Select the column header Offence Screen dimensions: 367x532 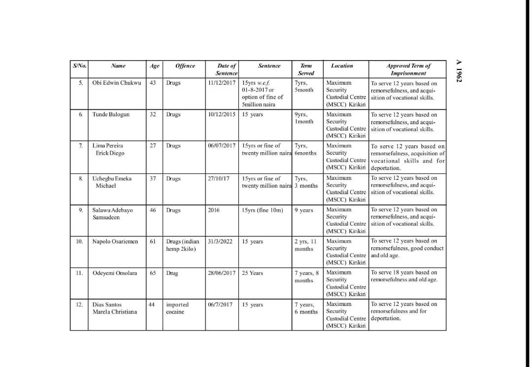[x=185, y=66]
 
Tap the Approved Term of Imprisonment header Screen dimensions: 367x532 [x=408, y=69]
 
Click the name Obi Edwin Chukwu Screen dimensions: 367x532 [x=117, y=83]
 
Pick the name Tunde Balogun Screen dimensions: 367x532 [x=111, y=114]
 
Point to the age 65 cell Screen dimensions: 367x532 [x=153, y=273]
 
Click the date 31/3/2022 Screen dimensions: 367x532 [x=221, y=241]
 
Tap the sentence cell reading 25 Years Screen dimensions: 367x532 [x=252, y=273]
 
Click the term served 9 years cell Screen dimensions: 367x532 [x=304, y=210]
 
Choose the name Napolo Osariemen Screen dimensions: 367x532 [x=115, y=241]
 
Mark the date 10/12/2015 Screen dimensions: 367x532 [x=222, y=114]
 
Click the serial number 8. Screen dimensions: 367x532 [x=80, y=178]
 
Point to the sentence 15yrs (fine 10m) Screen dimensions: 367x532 [x=263, y=210]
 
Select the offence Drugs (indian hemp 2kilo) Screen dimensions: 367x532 [x=182, y=245]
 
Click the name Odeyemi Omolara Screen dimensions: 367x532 [x=115, y=273]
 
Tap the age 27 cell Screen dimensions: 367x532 [x=153, y=146]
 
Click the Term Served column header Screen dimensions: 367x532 [x=306, y=69]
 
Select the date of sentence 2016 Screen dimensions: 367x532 [x=214, y=210]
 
